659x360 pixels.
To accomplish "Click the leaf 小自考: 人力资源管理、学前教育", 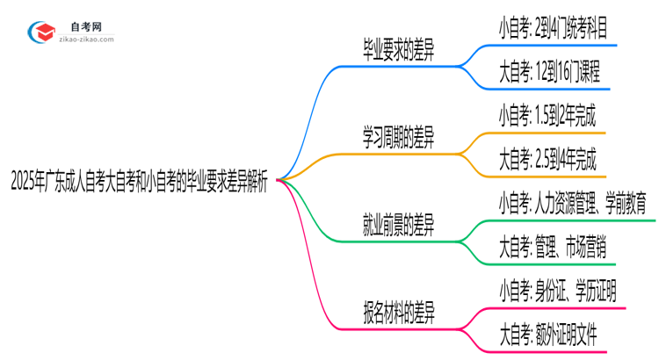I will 572,204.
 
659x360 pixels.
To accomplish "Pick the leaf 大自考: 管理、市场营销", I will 551,248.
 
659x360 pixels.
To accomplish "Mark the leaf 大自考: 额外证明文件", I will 549,335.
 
